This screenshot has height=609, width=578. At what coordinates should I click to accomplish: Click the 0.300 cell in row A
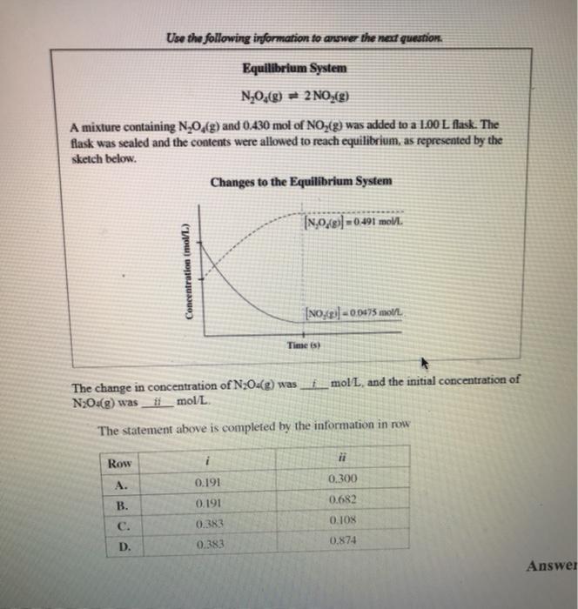coord(342,479)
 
